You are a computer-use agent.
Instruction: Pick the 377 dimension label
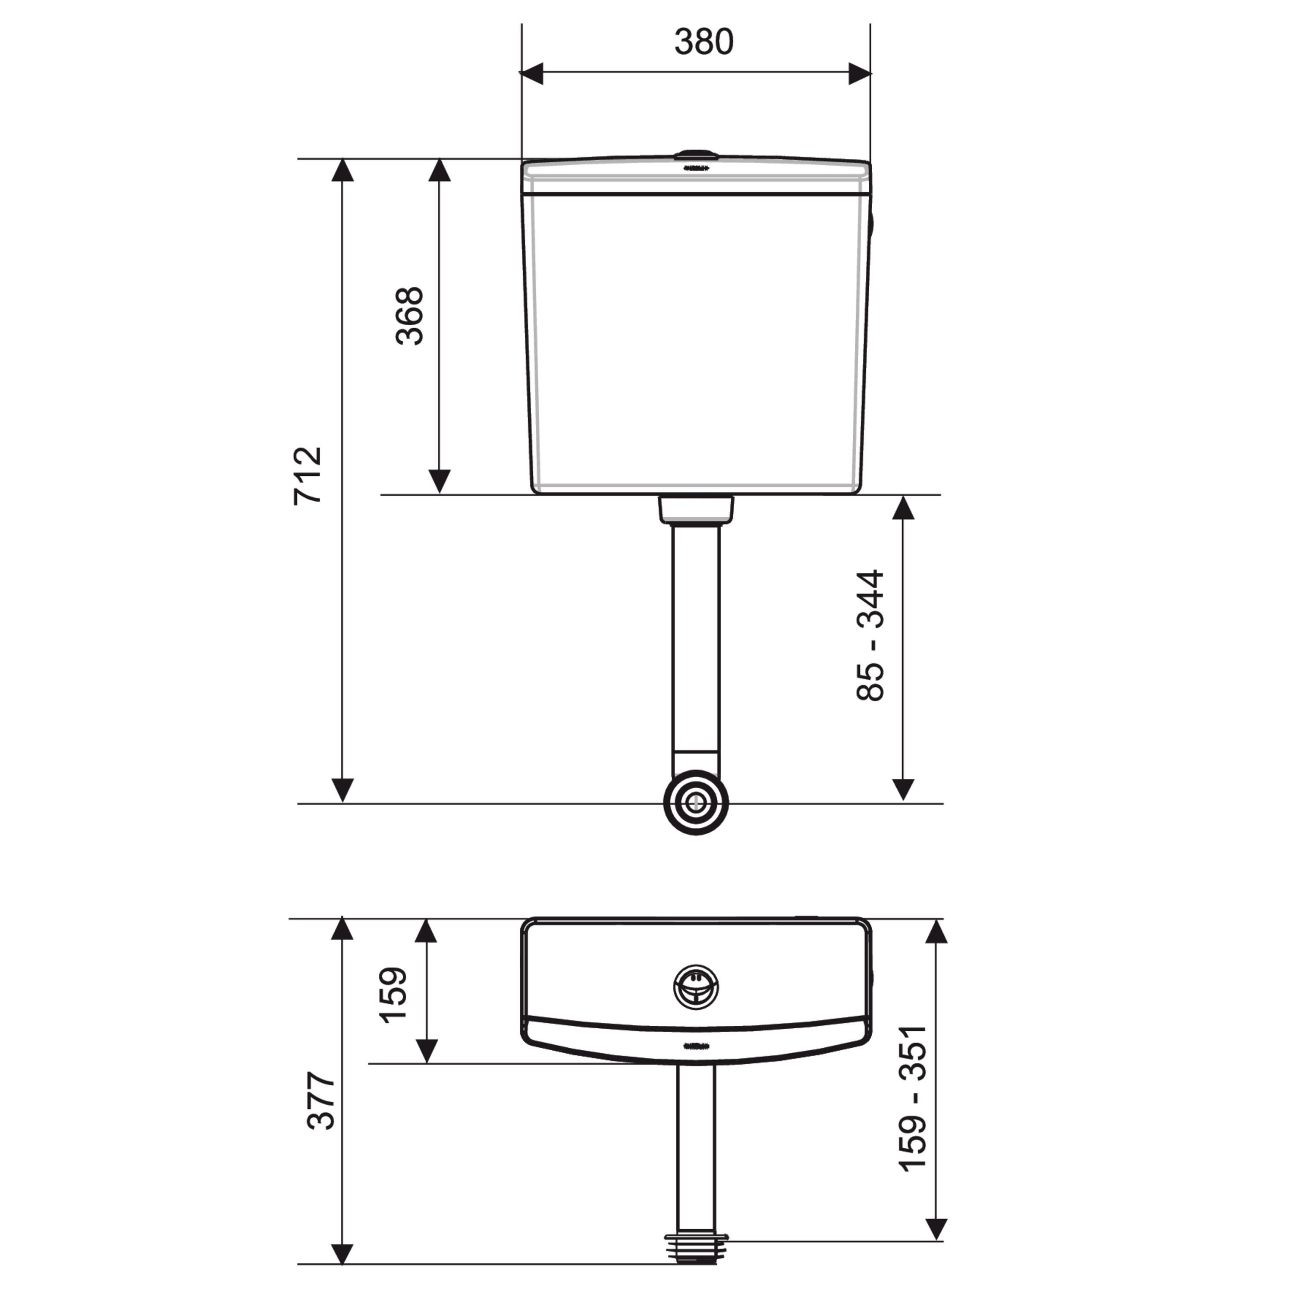(321, 1101)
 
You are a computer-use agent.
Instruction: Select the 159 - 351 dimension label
(912, 1099)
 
